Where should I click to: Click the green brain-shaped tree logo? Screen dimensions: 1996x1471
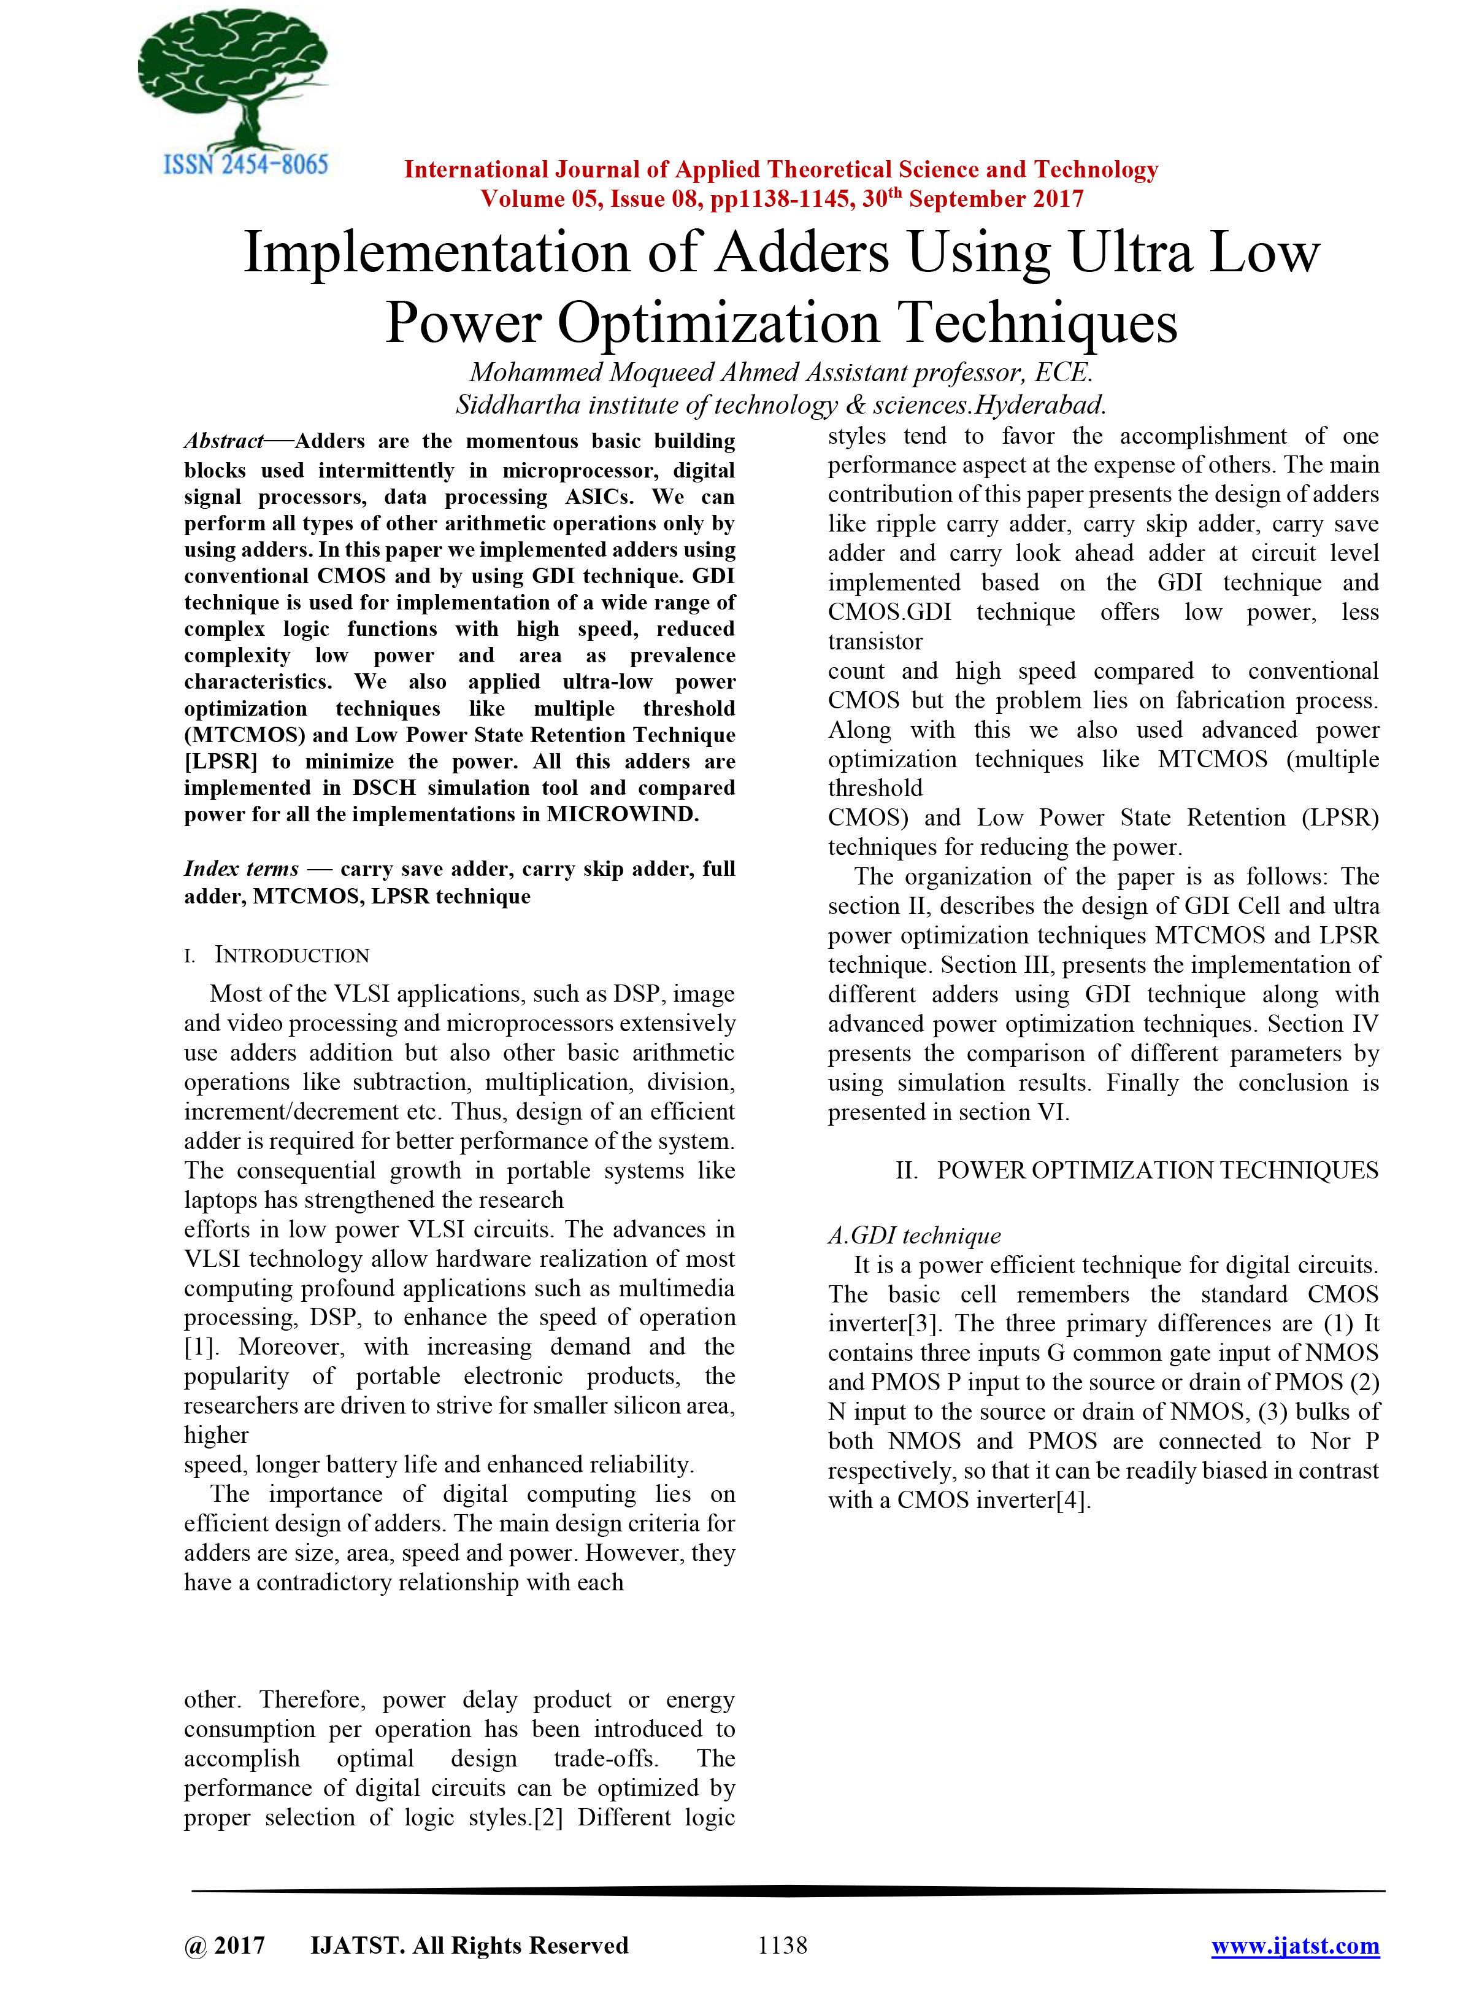pos(233,75)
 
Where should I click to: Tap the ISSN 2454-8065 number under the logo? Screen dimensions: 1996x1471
pos(246,164)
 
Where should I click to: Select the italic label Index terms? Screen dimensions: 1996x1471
pos(241,869)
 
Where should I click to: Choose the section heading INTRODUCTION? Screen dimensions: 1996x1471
pos(291,956)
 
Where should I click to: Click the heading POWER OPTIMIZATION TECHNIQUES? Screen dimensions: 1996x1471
pos(1157,1170)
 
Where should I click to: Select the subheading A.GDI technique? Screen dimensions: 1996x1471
pos(915,1236)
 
